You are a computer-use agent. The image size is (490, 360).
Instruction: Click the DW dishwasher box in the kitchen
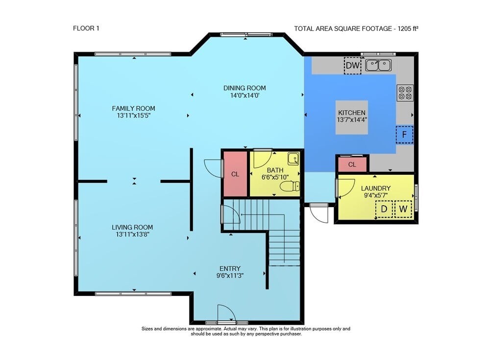[x=352, y=66]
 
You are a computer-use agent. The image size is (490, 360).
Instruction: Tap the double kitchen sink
[x=378, y=65]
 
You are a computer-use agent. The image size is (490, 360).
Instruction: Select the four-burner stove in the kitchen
[x=405, y=93]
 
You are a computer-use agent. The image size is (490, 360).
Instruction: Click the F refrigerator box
[x=404, y=135]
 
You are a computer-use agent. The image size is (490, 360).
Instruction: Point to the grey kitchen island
[x=351, y=118]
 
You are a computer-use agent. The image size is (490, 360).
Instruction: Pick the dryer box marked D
[x=384, y=209]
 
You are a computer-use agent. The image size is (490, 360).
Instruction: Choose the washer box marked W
[x=403, y=209]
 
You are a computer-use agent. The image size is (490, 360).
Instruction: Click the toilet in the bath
[x=290, y=187]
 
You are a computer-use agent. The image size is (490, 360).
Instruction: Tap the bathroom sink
[x=293, y=158]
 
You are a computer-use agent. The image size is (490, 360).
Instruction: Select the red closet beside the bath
[x=235, y=174]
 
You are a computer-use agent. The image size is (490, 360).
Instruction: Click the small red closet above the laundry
[x=352, y=165]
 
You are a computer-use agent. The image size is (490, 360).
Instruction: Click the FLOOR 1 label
[x=86, y=28]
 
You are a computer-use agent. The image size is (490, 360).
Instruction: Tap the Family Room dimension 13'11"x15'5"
[x=133, y=116]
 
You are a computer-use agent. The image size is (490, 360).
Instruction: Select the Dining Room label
[x=245, y=88]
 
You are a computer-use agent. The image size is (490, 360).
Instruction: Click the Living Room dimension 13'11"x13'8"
[x=132, y=235]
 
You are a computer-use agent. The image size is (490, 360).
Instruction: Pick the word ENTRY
[x=230, y=269]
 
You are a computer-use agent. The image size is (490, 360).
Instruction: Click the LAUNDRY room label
[x=376, y=189]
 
